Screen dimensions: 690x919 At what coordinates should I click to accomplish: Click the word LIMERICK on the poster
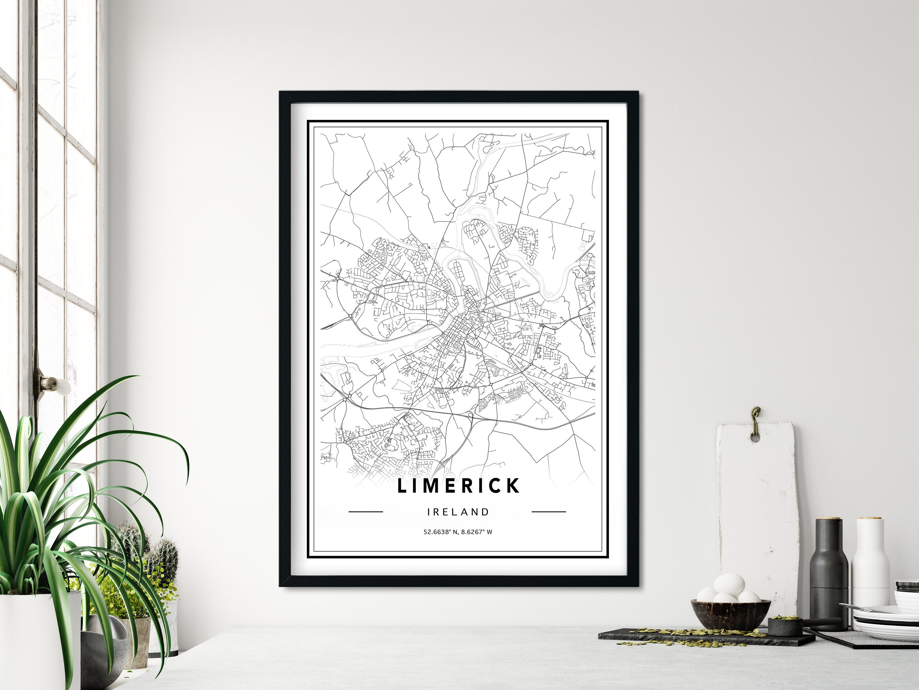tap(458, 486)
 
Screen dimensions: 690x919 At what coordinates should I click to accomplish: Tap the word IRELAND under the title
tap(458, 512)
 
